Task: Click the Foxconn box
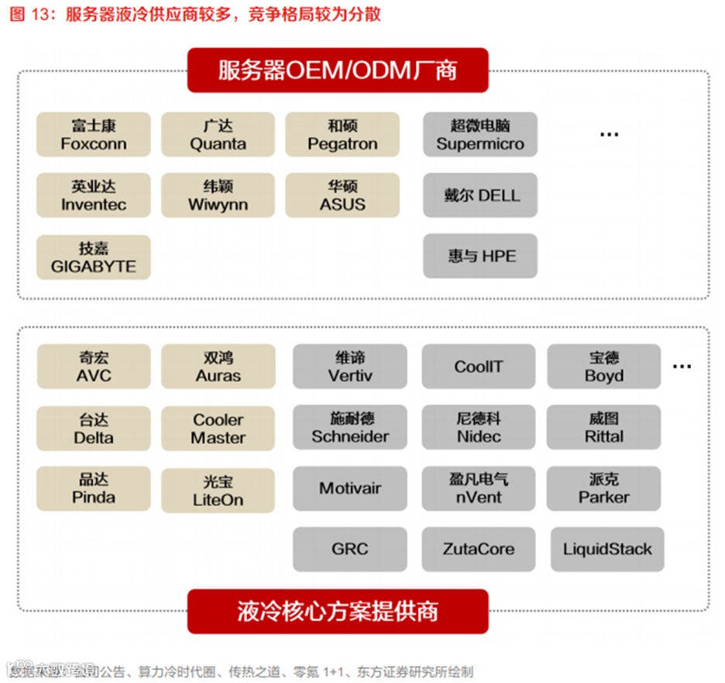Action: [93, 135]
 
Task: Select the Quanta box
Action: [218, 135]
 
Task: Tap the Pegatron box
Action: [342, 135]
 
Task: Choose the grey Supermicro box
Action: [479, 135]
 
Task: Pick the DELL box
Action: [479, 195]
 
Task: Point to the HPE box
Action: [479, 256]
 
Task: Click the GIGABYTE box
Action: [93, 257]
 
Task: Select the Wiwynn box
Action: [218, 195]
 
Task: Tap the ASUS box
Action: [342, 195]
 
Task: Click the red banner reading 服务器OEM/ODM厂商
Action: [338, 71]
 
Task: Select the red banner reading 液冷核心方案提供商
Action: [338, 612]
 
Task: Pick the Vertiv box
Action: [349, 367]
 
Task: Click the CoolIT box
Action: [479, 367]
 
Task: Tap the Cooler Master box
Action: [218, 429]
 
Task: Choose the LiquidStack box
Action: [607, 550]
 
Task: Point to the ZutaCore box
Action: [479, 550]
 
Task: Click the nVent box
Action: [479, 488]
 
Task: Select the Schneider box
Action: [349, 428]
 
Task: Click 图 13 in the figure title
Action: [29, 14]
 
